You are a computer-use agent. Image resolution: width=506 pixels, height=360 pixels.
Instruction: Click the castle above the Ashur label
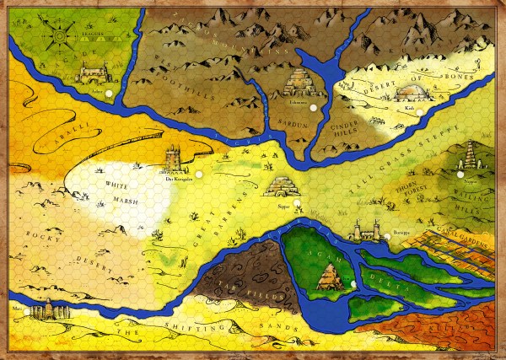coord(93,75)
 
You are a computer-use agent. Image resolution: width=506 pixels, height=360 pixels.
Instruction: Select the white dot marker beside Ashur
coord(108,82)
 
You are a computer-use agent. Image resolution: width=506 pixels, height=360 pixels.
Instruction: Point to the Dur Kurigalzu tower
coord(175,158)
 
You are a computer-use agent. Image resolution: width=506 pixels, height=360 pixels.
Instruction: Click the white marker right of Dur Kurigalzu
coord(199,175)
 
